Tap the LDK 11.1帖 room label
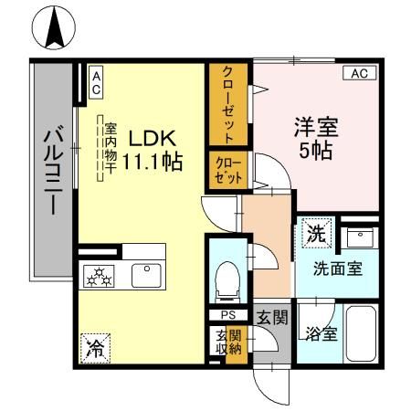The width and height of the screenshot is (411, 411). [152, 152]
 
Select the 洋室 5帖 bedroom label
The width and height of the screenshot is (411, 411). [315, 138]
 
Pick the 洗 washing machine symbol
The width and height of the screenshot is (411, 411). [316, 233]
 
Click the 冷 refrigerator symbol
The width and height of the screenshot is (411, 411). [94, 346]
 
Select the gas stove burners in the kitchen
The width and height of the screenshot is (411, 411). [98, 277]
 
